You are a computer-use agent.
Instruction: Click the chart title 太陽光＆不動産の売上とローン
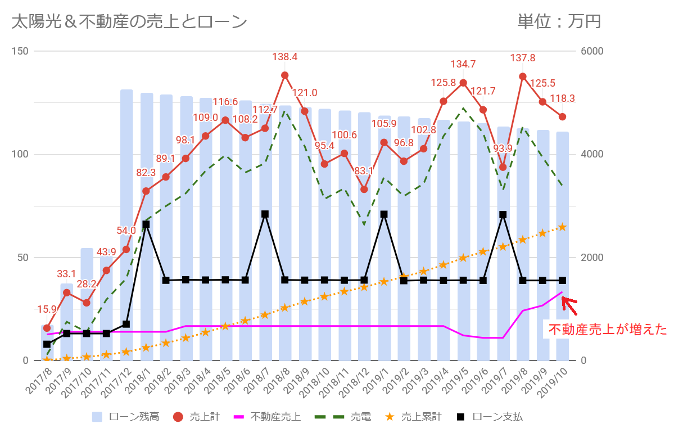tap(129, 22)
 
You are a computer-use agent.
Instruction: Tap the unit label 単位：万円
tap(559, 22)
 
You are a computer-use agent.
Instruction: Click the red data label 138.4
tap(284, 57)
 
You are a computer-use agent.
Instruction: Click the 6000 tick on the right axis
tap(591, 51)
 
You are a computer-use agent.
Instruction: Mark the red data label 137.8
tap(522, 58)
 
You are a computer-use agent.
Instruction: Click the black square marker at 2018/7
tap(265, 214)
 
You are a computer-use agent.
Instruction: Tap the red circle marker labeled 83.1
tap(364, 190)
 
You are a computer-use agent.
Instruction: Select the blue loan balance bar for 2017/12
tap(126, 225)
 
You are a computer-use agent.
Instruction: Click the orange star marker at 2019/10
tap(562, 227)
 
